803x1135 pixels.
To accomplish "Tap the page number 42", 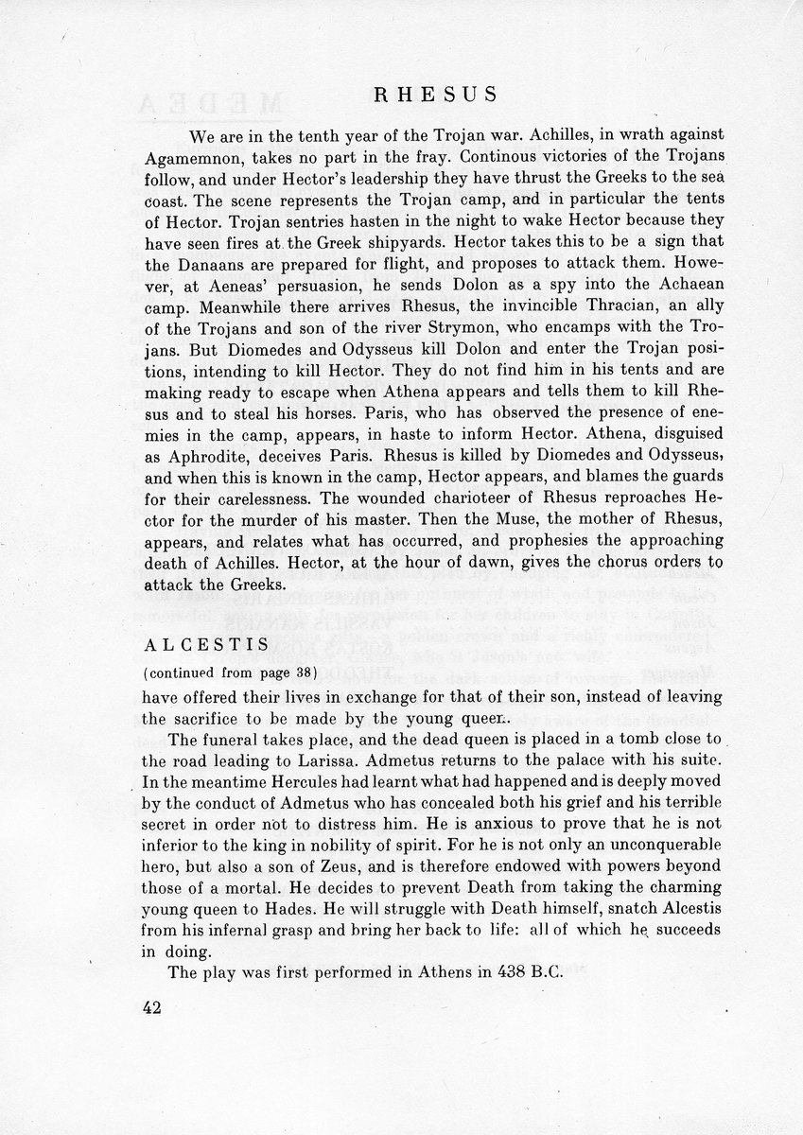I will point(150,1007).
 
